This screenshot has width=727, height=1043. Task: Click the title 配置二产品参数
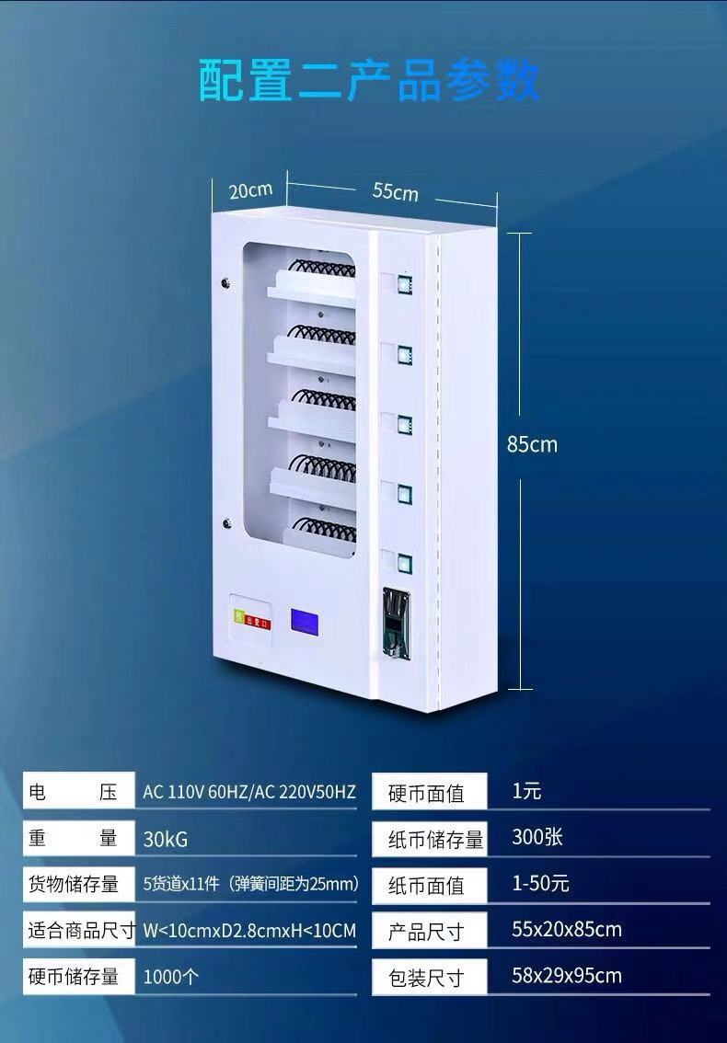pyautogui.click(x=369, y=80)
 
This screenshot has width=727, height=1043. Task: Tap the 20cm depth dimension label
pyautogui.click(x=250, y=190)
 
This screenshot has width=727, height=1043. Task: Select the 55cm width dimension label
pyautogui.click(x=395, y=191)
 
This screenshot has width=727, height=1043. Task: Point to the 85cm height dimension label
pyautogui.click(x=532, y=444)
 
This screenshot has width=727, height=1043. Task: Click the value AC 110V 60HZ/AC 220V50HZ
pyautogui.click(x=248, y=792)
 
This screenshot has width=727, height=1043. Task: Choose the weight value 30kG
pyautogui.click(x=166, y=839)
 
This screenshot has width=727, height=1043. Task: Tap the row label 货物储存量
pyautogui.click(x=74, y=884)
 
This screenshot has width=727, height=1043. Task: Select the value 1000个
pyautogui.click(x=170, y=977)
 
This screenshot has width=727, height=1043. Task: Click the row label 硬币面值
pyautogui.click(x=426, y=793)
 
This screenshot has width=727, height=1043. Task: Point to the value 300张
pyautogui.click(x=537, y=837)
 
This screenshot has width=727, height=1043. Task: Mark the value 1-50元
pyautogui.click(x=540, y=884)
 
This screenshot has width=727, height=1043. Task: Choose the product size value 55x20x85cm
pyautogui.click(x=566, y=929)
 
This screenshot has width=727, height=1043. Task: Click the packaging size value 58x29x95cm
pyautogui.click(x=566, y=975)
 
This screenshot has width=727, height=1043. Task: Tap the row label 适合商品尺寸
pyautogui.click(x=81, y=931)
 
